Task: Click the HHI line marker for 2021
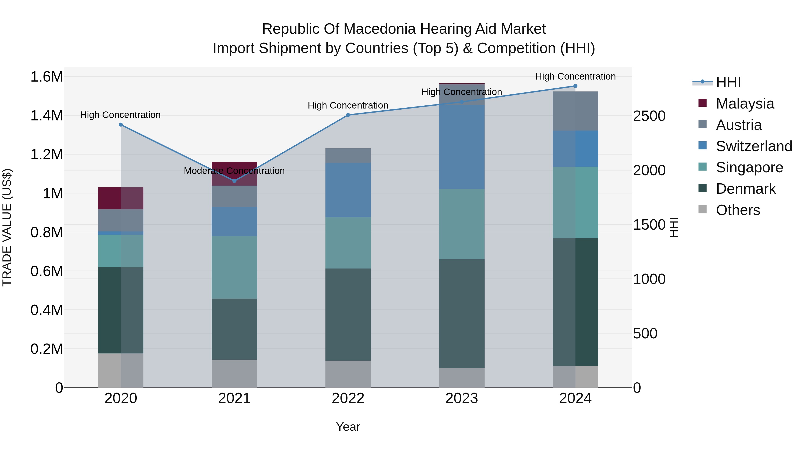234,181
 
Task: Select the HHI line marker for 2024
575,86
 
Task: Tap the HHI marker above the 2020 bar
121,125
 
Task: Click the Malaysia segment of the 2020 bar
121,198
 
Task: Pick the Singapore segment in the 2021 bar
234,267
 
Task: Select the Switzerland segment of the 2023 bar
461,147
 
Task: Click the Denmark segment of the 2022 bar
348,314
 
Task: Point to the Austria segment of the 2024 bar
575,111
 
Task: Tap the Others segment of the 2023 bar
461,378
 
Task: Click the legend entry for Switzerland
754,146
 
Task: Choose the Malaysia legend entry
745,104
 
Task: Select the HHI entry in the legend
728,82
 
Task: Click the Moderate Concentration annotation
234,171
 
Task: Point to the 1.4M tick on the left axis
46,115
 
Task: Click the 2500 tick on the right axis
649,116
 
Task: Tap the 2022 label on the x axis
348,398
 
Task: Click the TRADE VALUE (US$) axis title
7,227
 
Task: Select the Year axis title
348,427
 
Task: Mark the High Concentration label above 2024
575,76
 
